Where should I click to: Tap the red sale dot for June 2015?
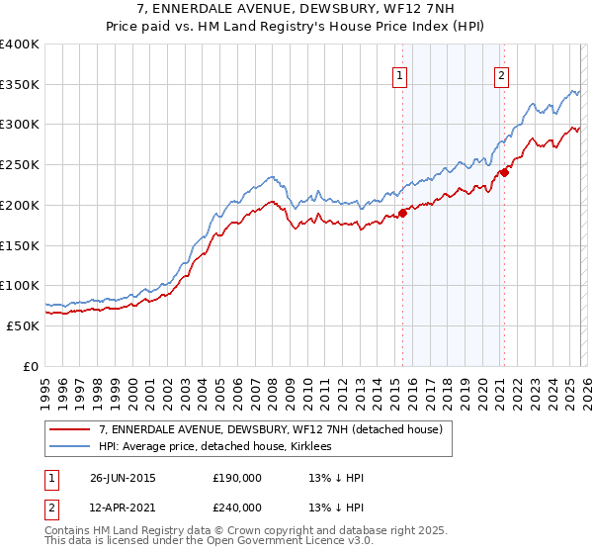(x=403, y=213)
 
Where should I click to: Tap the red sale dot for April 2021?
(x=504, y=172)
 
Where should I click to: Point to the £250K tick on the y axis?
(x=20, y=164)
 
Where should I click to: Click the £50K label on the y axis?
(x=23, y=325)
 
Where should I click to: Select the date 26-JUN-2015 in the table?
(x=123, y=478)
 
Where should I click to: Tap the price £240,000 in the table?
(x=237, y=507)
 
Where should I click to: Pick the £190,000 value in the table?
(x=237, y=478)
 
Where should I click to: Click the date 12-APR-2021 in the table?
(x=123, y=507)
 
